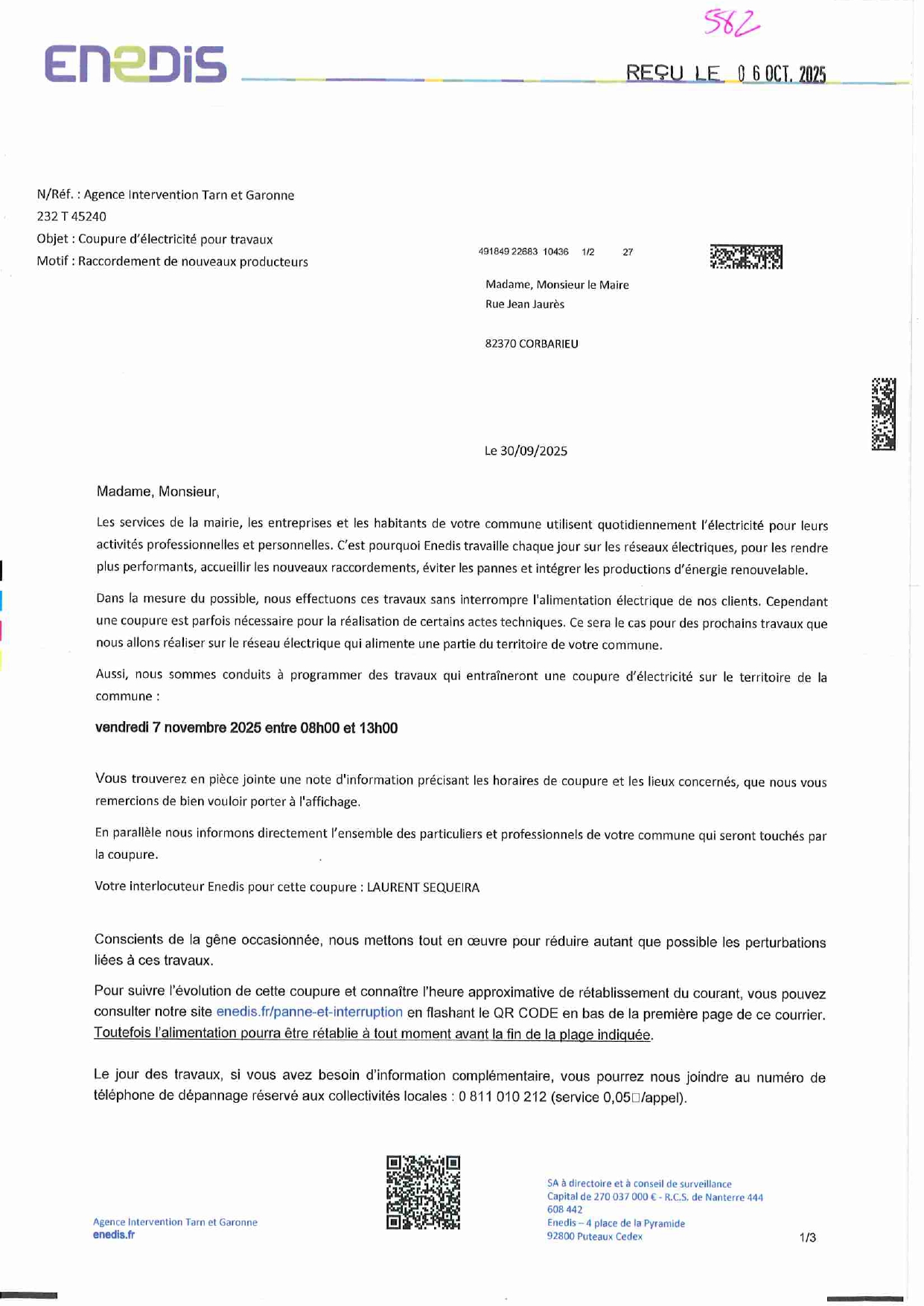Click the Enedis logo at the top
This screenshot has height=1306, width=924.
coord(136,64)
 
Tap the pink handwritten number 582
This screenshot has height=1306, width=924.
coord(731,25)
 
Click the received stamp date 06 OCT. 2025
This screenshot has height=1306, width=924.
coord(781,74)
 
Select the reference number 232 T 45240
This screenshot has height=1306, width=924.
coord(71,217)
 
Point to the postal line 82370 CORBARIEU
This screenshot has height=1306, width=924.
coord(531,344)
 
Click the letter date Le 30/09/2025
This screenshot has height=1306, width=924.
coord(526,451)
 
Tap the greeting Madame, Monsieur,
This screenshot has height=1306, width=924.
coord(158,491)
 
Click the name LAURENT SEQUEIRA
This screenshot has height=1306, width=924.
coord(423,887)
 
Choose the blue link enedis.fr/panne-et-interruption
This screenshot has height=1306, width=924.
coord(309,1012)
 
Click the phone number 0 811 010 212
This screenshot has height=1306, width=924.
coord(503,1097)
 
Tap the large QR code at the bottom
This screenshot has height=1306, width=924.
coord(423,1192)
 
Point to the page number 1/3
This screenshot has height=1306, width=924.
coord(807,1238)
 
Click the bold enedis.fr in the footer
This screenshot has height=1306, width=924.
coord(114,1235)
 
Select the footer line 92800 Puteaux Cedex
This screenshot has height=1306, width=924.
coord(594,1236)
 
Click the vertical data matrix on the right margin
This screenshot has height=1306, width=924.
coord(883,414)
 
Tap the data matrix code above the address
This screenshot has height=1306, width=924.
coord(745,257)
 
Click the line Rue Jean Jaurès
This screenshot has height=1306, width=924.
coord(524,304)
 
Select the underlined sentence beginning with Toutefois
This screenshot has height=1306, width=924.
coord(372,1034)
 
